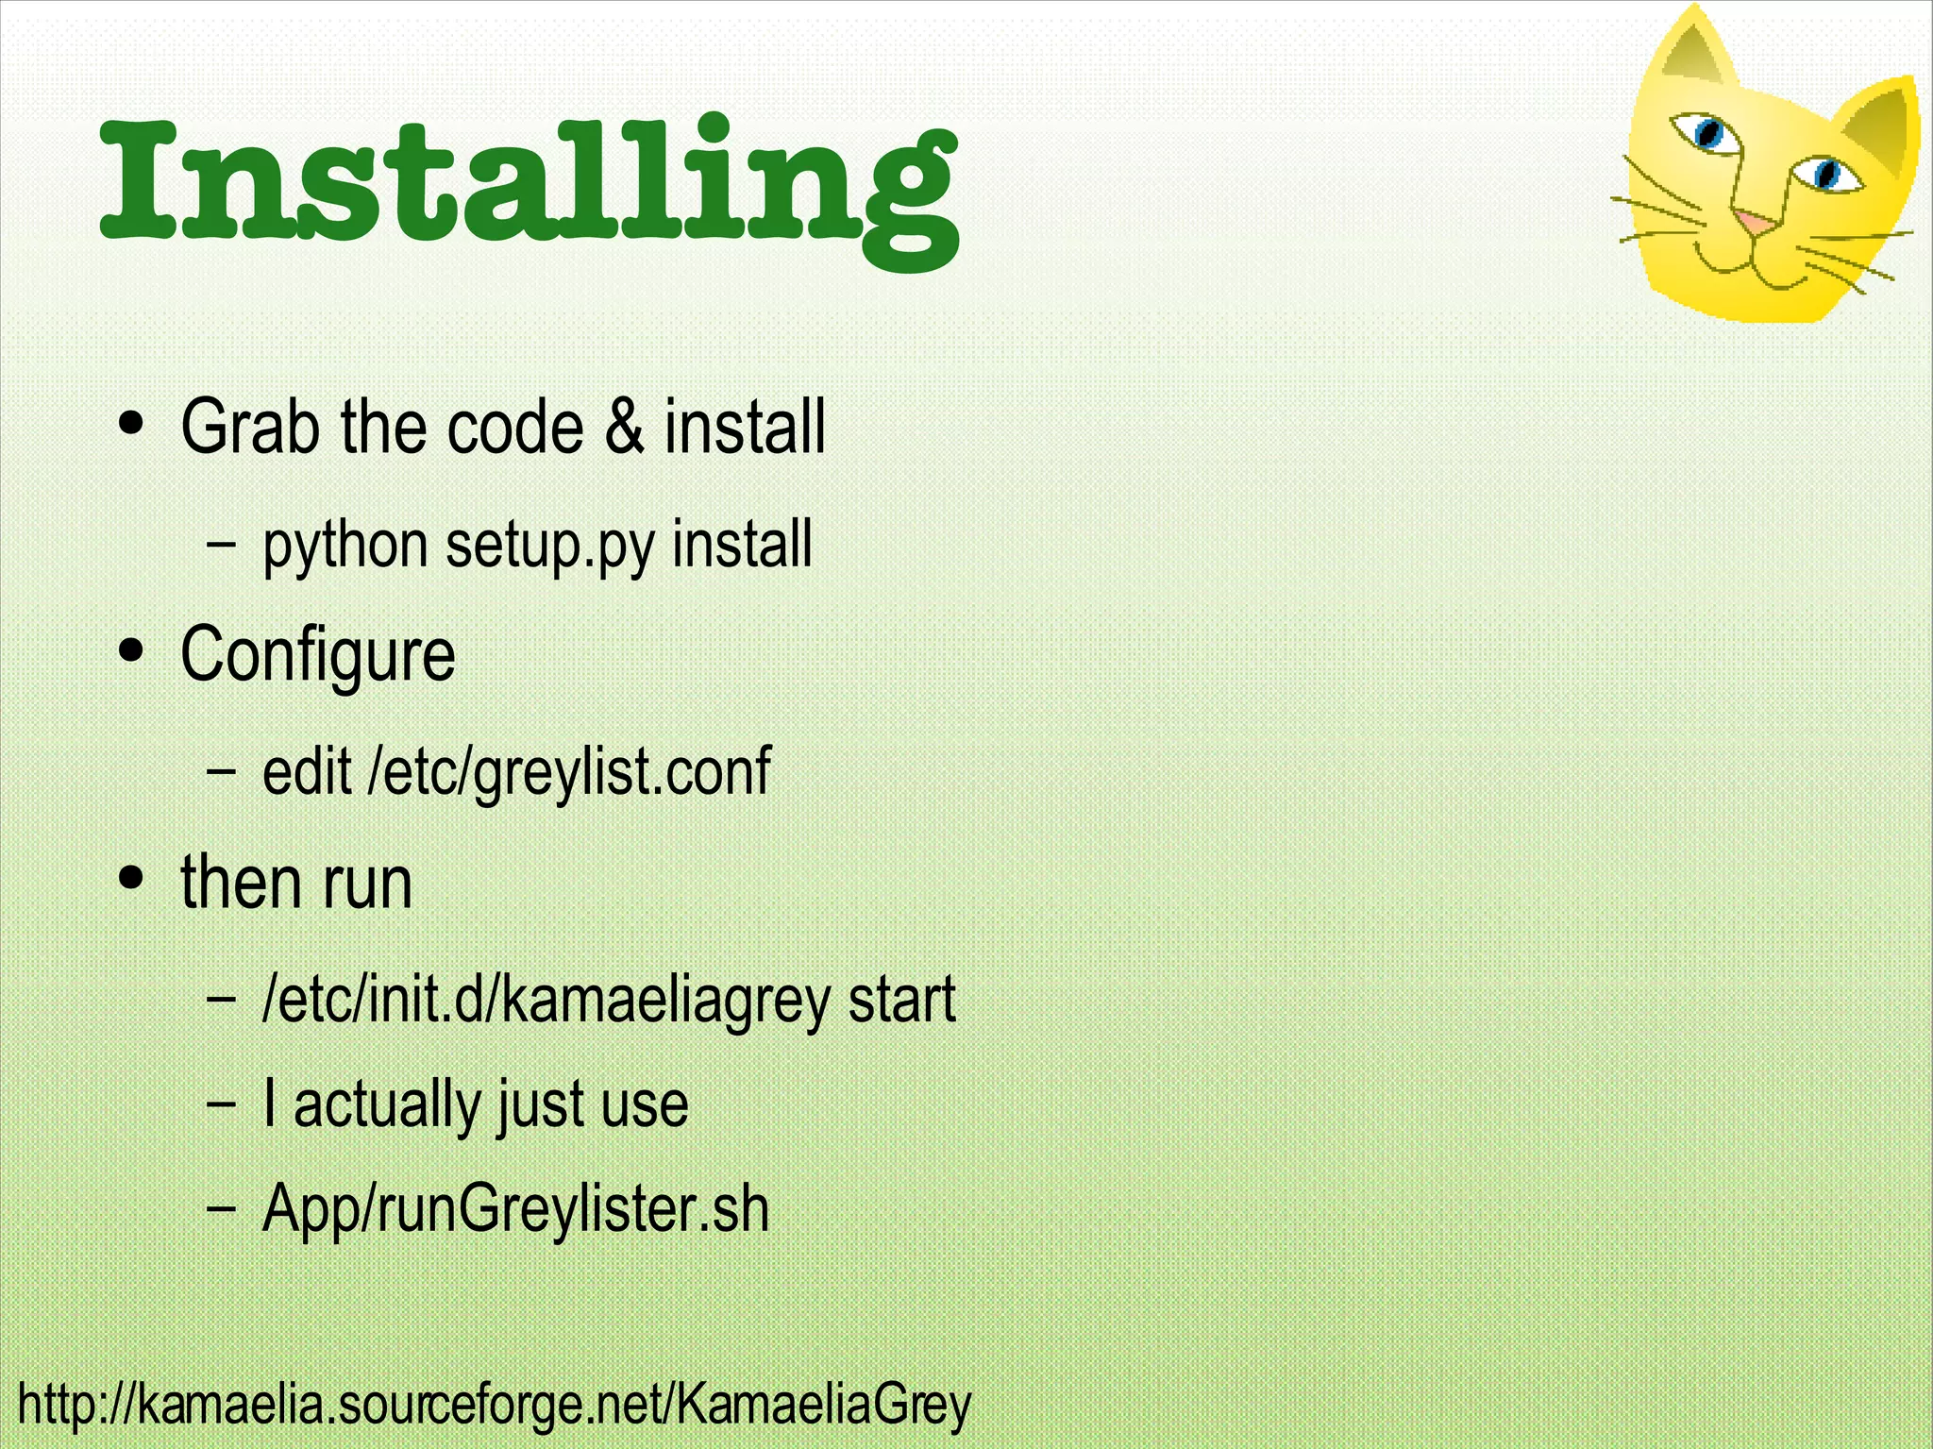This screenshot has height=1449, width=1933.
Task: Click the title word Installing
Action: (529, 184)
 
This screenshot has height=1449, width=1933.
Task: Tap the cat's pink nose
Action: (1755, 224)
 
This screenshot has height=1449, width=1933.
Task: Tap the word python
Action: (345, 547)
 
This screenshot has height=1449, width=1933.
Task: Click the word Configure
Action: (317, 655)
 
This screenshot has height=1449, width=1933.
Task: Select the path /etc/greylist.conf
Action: (569, 772)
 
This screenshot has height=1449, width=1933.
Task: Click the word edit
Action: (307, 770)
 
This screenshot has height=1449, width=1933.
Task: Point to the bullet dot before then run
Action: (132, 877)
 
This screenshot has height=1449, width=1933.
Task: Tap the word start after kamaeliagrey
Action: (901, 999)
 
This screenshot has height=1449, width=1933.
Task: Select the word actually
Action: (386, 1104)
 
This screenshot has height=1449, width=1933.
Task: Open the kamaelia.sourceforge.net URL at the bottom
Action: (494, 1405)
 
